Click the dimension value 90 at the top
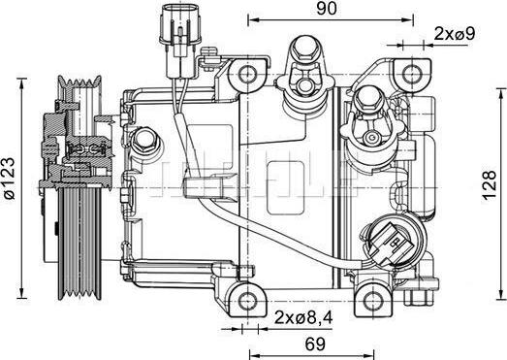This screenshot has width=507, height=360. [326, 10]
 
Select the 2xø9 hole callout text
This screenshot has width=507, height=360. [453, 34]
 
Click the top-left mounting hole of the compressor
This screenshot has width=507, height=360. [250, 73]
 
